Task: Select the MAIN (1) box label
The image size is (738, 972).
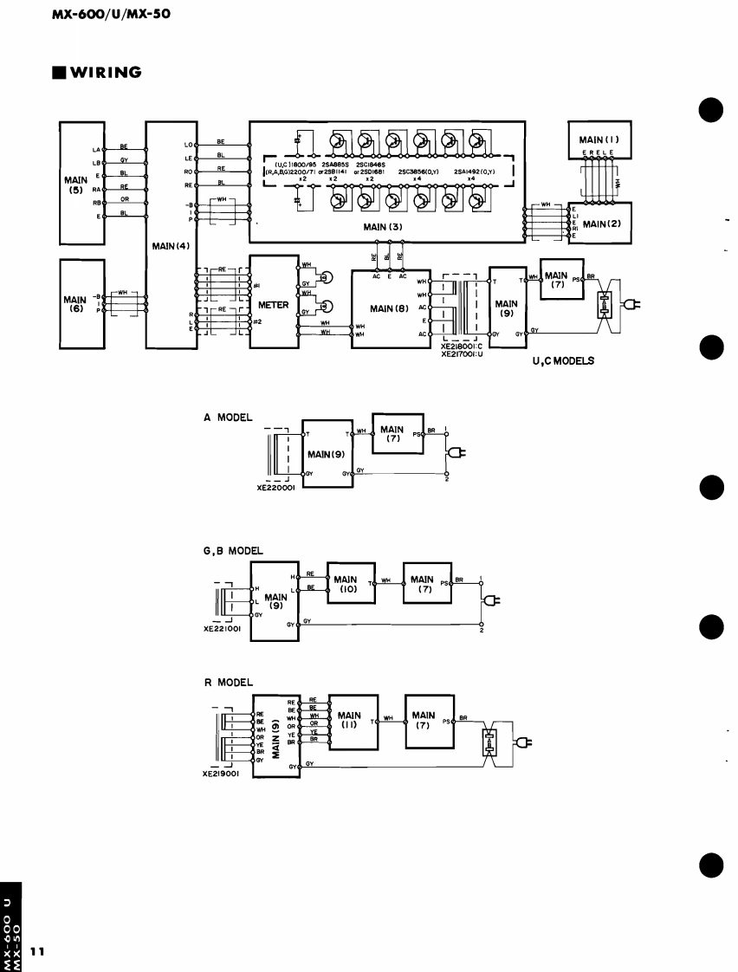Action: (x=599, y=139)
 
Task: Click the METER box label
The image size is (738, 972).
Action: (x=273, y=305)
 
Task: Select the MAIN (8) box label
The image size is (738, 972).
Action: (x=389, y=308)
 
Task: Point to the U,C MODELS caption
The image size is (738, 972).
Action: (x=563, y=361)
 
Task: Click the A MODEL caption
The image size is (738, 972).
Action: (x=228, y=417)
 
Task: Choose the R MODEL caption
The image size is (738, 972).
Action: (x=228, y=682)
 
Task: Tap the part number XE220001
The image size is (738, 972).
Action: (x=278, y=488)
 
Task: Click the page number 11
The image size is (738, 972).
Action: (x=37, y=950)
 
